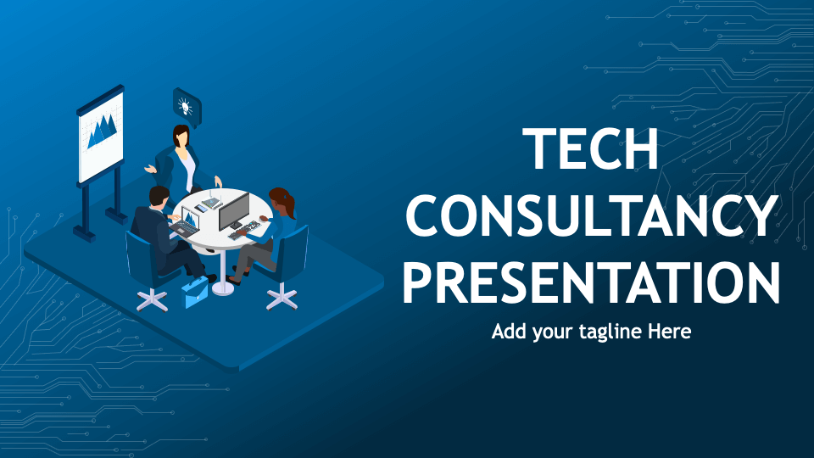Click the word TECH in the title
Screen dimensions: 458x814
(x=591, y=149)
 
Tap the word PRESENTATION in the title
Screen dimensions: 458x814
(x=591, y=282)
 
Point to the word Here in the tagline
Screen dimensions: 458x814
(x=670, y=332)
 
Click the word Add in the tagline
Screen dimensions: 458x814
(x=510, y=332)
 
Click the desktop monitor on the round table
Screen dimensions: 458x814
(x=233, y=211)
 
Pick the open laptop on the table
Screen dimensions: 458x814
(x=187, y=222)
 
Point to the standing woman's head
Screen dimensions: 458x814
(x=181, y=135)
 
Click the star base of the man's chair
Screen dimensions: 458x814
(x=153, y=299)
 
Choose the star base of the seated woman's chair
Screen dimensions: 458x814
(x=282, y=297)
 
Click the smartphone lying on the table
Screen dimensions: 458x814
(x=200, y=208)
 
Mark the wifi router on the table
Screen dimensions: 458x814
(x=213, y=201)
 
